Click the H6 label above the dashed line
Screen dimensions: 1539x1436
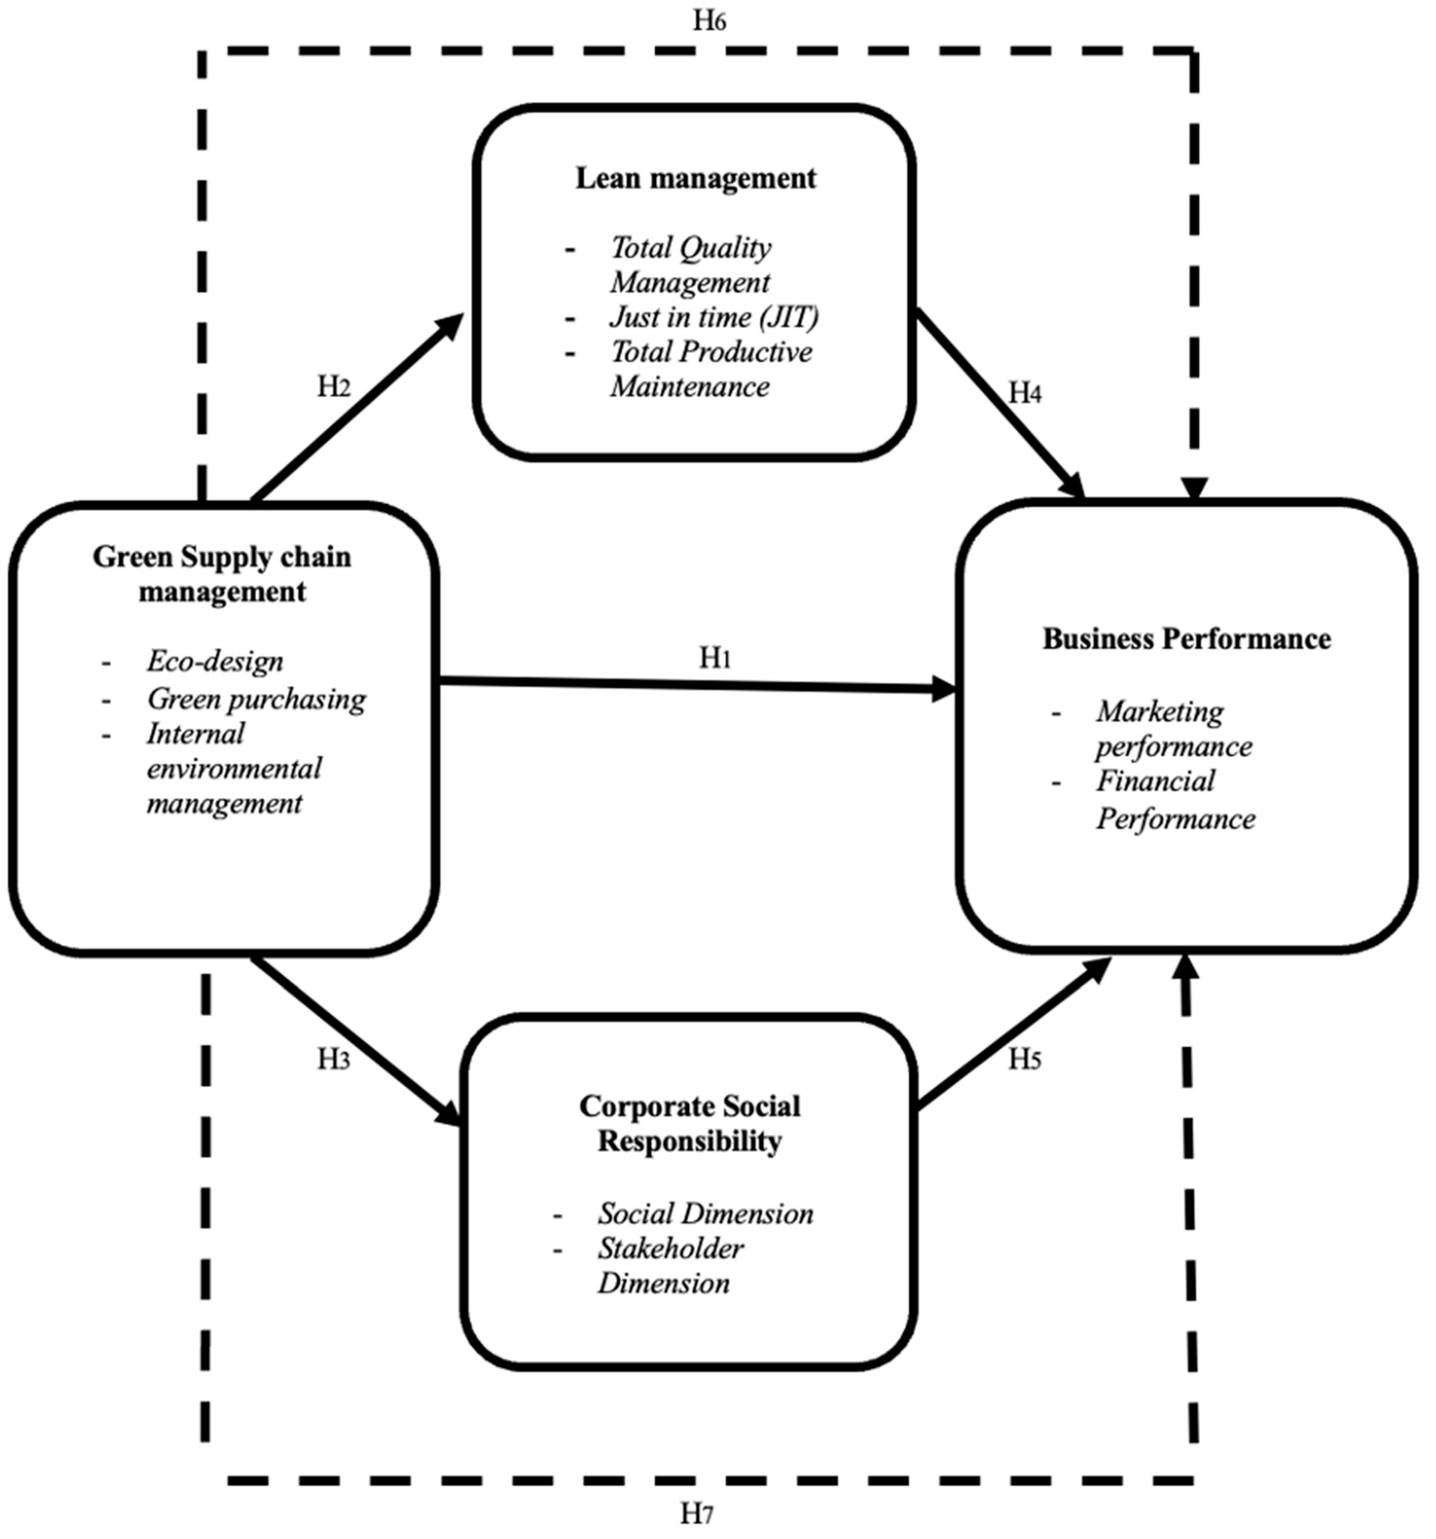pos(709,21)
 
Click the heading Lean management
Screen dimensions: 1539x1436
pos(695,178)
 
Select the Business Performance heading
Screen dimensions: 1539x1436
pos(1186,639)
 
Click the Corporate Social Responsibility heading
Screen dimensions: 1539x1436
pos(689,1123)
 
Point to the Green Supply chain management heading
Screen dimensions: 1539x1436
pos(222,574)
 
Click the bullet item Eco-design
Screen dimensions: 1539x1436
pos(215,661)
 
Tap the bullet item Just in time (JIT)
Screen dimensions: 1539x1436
pos(713,317)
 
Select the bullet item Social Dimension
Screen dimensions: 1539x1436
pos(705,1213)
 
